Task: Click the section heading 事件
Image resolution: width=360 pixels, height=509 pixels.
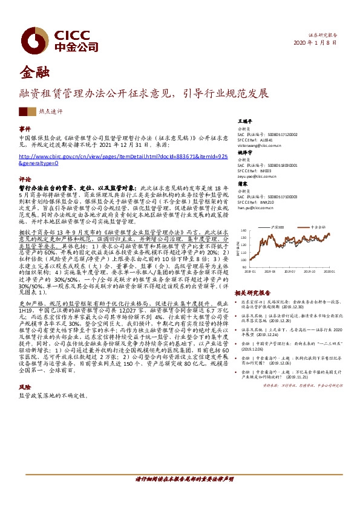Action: coord(25,129)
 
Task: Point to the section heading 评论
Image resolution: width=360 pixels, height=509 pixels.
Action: coord(25,180)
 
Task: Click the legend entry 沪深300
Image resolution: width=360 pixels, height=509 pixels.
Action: coord(280,227)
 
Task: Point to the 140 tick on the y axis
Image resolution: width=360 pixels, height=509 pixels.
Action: coord(243,230)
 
